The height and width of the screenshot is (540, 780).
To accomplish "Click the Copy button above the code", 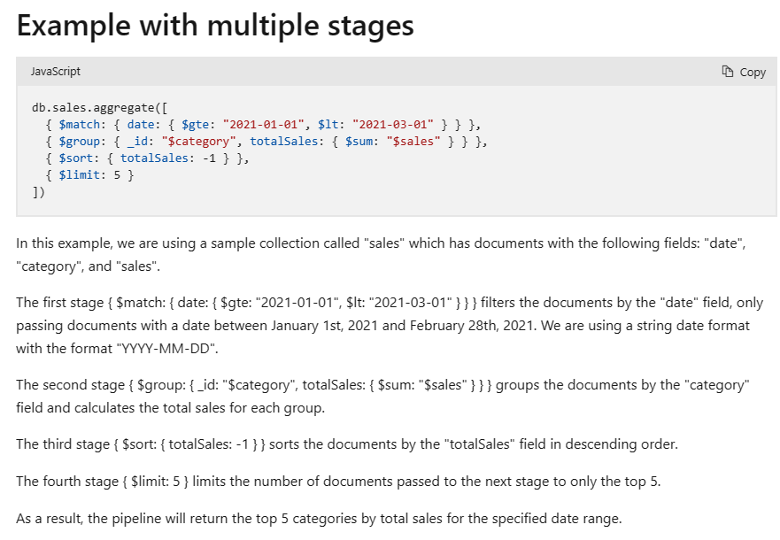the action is tap(744, 72).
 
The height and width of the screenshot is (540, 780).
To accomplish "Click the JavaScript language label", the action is tap(56, 72).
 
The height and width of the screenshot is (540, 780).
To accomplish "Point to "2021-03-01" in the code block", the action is tap(393, 125).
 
